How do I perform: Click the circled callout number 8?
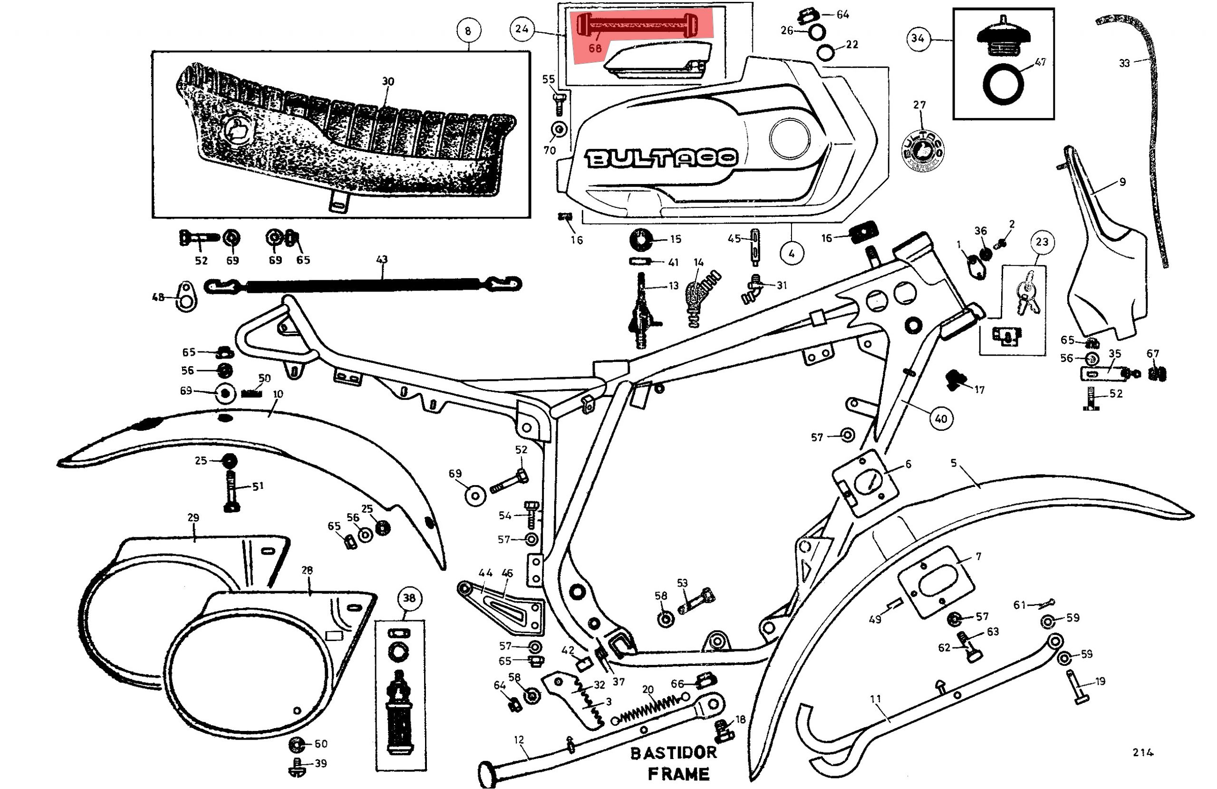[x=467, y=31]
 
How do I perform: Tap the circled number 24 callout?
[x=522, y=29]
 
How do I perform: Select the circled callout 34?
[x=918, y=39]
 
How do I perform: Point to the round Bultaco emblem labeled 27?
[x=922, y=149]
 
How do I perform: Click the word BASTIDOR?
[x=674, y=753]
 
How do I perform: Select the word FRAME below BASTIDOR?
[x=678, y=774]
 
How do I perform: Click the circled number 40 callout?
[x=941, y=419]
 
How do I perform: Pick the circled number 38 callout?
[x=409, y=598]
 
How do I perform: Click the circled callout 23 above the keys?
[x=1042, y=242]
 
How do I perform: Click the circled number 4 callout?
[x=792, y=253]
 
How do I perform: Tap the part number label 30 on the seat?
[x=388, y=81]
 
